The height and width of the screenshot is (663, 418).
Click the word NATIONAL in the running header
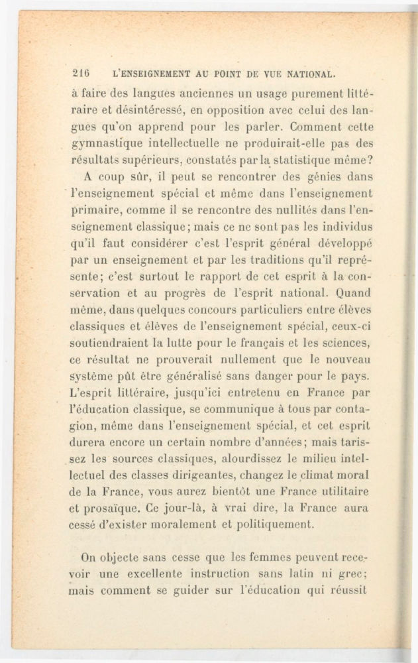[307, 74]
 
